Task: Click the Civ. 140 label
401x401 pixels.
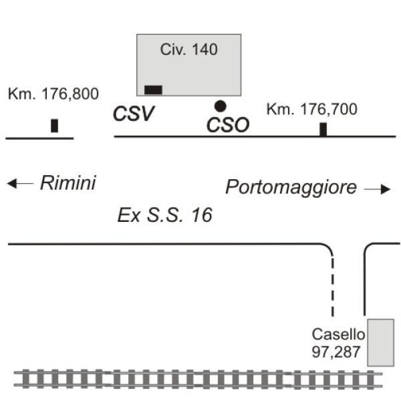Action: (189, 49)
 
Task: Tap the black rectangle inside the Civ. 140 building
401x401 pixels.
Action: (153, 90)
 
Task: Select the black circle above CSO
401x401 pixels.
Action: (220, 106)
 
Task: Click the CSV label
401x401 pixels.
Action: (134, 114)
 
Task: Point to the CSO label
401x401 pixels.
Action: (228, 125)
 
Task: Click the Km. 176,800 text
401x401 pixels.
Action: (53, 94)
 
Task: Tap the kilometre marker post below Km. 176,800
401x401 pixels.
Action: (55, 126)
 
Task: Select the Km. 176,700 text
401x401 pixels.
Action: (311, 109)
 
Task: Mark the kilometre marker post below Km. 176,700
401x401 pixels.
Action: (323, 130)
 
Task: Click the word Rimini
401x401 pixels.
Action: (68, 183)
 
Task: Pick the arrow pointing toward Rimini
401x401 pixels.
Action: (20, 183)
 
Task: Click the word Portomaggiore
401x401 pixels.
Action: (291, 188)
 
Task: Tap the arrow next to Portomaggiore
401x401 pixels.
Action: (377, 189)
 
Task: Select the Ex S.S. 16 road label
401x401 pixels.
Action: (164, 215)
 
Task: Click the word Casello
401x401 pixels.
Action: (338, 334)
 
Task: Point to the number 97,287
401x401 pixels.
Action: (336, 352)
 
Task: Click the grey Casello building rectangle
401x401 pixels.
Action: (380, 343)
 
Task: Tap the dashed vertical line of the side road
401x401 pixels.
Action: (332, 287)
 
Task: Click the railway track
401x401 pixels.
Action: (198, 379)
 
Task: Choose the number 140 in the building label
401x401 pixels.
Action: (205, 49)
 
